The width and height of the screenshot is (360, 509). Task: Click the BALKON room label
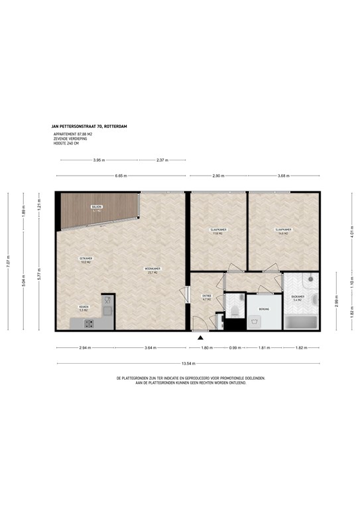click(x=97, y=209)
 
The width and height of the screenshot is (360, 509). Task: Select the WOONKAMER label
click(x=153, y=270)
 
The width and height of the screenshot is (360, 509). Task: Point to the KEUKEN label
click(x=84, y=309)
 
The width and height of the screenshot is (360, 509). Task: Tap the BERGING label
click(x=263, y=309)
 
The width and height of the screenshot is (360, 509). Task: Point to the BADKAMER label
click(x=298, y=298)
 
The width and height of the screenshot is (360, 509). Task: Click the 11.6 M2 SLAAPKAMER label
click(x=217, y=231)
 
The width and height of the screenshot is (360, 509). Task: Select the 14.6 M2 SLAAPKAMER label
click(x=283, y=231)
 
